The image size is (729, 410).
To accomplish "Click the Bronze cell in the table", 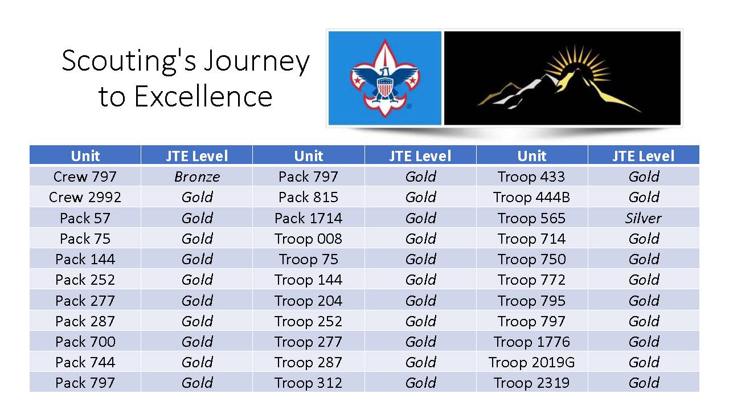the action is coord(197,177).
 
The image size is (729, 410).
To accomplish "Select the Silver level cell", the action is coord(644,218).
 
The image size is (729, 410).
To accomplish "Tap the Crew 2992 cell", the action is coord(85,197).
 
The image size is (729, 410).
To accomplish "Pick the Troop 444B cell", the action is coord(531,197).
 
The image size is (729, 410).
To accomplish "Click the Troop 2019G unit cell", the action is coord(531,362).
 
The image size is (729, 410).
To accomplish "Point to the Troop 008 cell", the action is coord(308,239).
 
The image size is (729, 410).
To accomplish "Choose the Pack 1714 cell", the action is coord(308,218).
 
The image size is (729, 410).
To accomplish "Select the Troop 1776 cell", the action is coord(531,342).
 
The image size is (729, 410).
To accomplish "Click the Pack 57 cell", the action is coord(85,218).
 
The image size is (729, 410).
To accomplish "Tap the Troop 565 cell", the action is coord(531,218).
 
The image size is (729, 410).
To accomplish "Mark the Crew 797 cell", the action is coord(85,177).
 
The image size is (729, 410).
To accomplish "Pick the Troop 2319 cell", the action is coord(531,383).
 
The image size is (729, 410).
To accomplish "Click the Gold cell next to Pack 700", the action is coord(197,342).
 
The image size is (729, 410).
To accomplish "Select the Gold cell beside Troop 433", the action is coord(644,177).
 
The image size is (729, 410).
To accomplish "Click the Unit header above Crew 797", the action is coord(85,155).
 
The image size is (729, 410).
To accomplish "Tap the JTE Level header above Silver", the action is coord(644,155).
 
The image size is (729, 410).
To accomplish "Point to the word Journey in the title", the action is coord(257,62).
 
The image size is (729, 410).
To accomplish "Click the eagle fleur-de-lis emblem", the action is coord(384,78).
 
